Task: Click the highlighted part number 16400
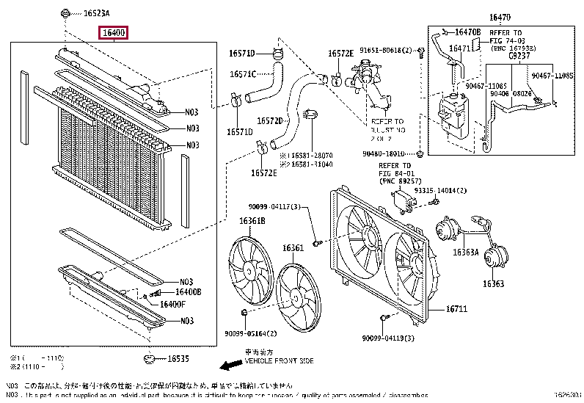click(115, 33)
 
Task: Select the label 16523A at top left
click(95, 14)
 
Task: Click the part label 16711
click(456, 309)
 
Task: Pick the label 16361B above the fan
click(251, 220)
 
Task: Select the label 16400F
click(173, 304)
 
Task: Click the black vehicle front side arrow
click(231, 363)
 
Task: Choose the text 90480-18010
click(384, 153)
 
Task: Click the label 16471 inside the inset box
click(459, 48)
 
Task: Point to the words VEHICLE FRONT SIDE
click(280, 362)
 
